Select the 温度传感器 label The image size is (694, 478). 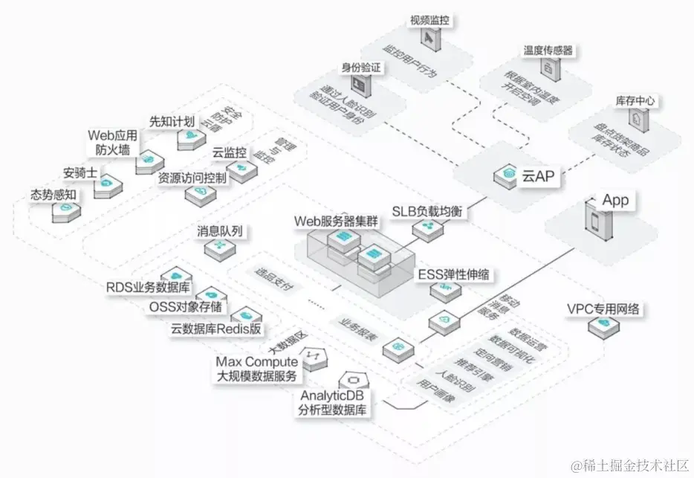pos(548,51)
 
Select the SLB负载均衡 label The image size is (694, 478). pos(429,212)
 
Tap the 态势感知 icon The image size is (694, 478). pos(66,210)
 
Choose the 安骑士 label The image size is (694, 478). pos(80,172)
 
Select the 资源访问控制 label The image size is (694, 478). pos(192,178)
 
